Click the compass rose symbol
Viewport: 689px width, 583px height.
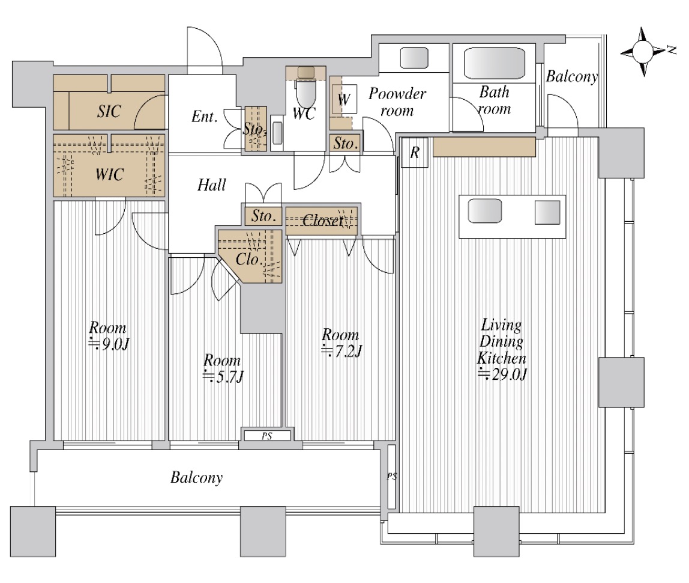[643, 52]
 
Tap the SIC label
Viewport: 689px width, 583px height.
[109, 111]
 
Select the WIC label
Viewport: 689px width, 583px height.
[109, 175]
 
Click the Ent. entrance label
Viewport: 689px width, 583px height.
[204, 117]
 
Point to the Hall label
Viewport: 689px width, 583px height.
[211, 185]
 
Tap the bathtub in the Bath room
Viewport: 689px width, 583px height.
[495, 63]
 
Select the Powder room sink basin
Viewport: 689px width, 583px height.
[414, 58]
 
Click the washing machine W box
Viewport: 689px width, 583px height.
[344, 99]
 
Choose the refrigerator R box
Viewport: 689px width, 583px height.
[414, 152]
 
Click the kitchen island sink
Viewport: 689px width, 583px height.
[485, 211]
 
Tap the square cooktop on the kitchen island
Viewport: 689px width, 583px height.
[547, 213]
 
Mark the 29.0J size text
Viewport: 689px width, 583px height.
[502, 374]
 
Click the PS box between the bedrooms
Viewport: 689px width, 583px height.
[266, 436]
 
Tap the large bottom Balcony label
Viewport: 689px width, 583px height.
[196, 477]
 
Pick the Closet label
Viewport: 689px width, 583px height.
[322, 220]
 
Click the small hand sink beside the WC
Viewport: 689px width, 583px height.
[277, 133]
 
